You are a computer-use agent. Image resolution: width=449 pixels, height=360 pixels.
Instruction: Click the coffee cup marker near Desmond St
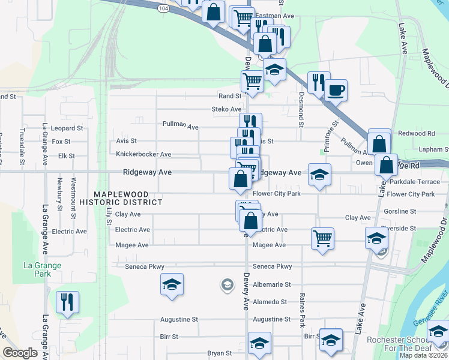336,90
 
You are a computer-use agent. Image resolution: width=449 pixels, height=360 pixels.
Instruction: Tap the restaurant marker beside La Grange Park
67,302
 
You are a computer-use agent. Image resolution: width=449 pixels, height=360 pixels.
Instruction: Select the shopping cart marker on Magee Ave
322,238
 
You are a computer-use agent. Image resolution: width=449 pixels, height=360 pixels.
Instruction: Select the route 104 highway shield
164,9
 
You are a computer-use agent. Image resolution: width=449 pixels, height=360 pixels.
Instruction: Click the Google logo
20,353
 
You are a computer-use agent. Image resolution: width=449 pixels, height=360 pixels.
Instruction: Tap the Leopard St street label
67,128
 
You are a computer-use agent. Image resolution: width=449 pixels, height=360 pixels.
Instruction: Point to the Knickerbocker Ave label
143,154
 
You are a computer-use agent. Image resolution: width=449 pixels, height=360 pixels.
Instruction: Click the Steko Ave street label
226,109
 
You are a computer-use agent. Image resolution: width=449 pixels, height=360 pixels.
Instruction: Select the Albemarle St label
271,284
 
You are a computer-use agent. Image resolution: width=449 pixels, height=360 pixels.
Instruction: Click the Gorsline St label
400,211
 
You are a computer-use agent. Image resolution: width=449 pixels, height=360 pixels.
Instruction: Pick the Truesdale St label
22,146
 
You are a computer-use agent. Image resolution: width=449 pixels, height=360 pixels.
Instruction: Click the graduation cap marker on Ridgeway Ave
319,175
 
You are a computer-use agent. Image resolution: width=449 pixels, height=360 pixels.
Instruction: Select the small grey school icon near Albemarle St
227,284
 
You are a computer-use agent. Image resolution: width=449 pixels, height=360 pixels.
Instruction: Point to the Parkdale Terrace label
415,181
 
